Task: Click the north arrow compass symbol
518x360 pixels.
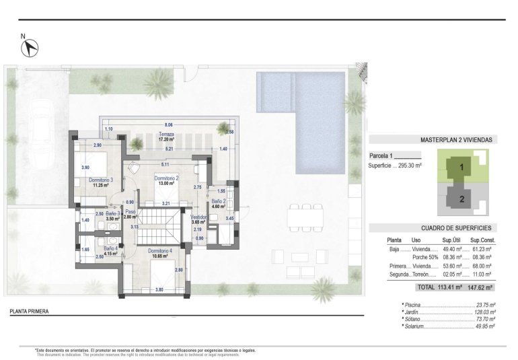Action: point(30,46)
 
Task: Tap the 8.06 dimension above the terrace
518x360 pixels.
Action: point(169,124)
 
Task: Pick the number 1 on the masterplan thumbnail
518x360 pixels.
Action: point(461,166)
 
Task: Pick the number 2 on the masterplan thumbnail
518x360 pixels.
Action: point(461,199)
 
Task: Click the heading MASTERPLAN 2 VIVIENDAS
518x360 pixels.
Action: point(457,140)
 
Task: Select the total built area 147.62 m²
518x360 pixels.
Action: point(480,287)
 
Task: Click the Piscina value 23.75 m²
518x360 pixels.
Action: point(484,305)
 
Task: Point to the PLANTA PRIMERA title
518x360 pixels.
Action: point(29,312)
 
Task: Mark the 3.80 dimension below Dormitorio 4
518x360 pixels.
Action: point(159,290)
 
